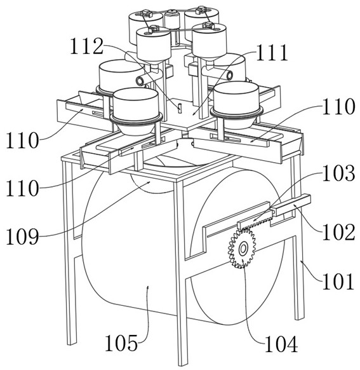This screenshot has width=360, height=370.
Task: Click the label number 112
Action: coord(87,46)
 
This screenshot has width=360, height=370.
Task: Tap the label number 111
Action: coord(272,53)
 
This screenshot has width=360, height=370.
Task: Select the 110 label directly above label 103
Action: coord(338,107)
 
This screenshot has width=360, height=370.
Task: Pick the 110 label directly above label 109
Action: coord(22,188)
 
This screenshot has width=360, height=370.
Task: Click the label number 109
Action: coord(22,236)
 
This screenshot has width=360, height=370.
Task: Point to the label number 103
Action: coord(338,174)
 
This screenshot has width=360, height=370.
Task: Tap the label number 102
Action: coord(338,232)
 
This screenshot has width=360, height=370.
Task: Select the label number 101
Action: coord(338,281)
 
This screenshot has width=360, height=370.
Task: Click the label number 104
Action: coord(281,344)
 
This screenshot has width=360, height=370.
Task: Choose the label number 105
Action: coord(121,343)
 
